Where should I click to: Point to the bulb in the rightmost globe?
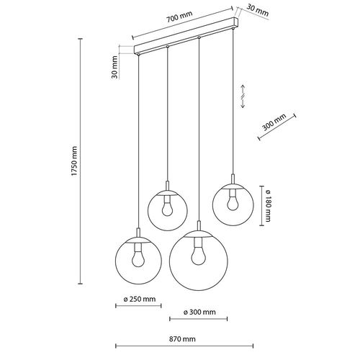(x=232, y=203)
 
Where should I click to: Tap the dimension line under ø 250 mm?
(x=138, y=306)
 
